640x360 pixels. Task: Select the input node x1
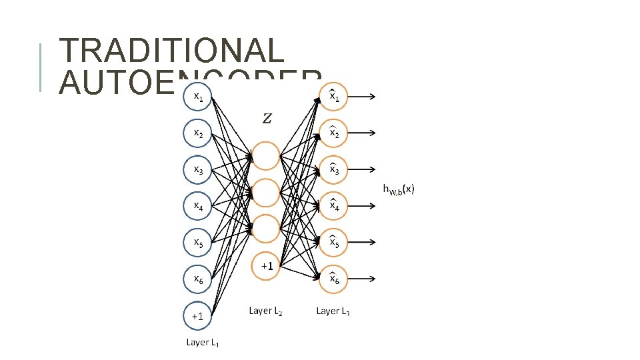click(x=198, y=97)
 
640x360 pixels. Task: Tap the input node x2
click(x=198, y=133)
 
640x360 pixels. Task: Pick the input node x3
click(x=198, y=170)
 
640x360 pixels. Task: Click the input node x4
click(x=198, y=207)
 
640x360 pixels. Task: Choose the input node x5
click(x=198, y=243)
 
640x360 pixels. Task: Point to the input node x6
click(x=198, y=279)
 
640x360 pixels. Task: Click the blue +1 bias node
click(x=198, y=316)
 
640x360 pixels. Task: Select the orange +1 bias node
click(x=266, y=265)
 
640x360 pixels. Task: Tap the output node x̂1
click(x=334, y=97)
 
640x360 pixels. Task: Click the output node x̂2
click(x=334, y=133)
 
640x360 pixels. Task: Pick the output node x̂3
click(x=334, y=170)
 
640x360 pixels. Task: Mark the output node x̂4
click(x=334, y=207)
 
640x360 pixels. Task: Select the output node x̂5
click(x=334, y=243)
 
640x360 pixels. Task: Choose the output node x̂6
click(x=334, y=279)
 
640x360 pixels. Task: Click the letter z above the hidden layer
click(x=267, y=119)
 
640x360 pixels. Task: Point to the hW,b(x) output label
click(x=399, y=190)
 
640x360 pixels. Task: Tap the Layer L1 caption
click(x=203, y=343)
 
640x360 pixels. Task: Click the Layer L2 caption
click(x=265, y=311)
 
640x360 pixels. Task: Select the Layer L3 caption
click(x=333, y=311)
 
